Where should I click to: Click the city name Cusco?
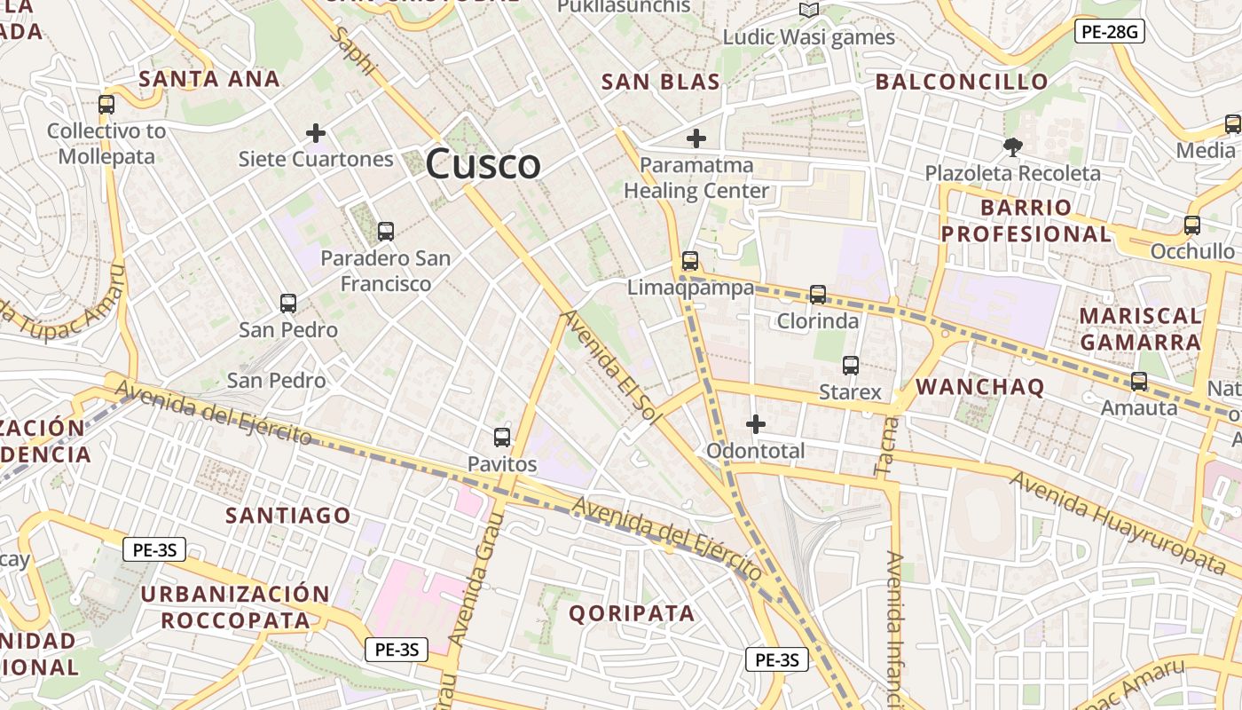point(483,164)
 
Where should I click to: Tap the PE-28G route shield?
point(1110,32)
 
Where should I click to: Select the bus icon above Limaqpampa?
point(690,261)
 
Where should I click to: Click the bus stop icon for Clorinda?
point(818,294)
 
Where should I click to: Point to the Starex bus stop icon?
point(850,365)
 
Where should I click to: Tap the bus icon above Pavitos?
point(502,437)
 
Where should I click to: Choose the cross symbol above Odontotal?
point(756,424)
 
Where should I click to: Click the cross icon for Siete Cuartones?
point(315,133)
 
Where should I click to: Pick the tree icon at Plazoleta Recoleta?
point(1012,146)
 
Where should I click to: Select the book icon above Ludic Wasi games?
point(808,11)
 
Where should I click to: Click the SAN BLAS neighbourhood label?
point(660,82)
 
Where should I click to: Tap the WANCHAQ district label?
point(979,386)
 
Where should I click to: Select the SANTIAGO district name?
point(288,515)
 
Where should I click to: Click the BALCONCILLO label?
point(962,82)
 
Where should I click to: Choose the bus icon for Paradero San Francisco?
point(385,232)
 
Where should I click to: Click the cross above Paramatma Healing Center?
point(696,138)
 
